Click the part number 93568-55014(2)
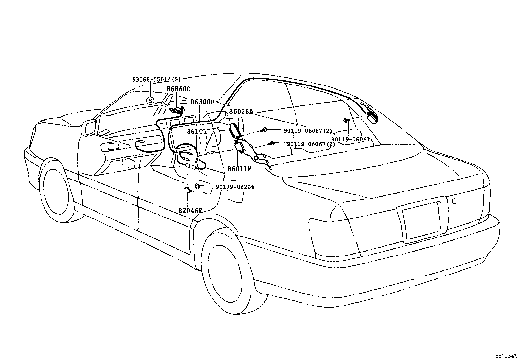(156, 79)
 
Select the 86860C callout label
(178, 89)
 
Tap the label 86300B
(203, 102)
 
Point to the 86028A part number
(241, 112)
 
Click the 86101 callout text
(197, 131)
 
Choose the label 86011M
(240, 169)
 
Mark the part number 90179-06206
(235, 187)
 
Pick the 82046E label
(190, 211)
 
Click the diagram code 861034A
(506, 355)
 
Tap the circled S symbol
(150, 101)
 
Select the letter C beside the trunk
(454, 201)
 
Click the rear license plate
(421, 221)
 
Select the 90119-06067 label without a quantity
(350, 139)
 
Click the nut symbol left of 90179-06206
(198, 187)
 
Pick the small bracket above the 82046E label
(188, 190)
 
